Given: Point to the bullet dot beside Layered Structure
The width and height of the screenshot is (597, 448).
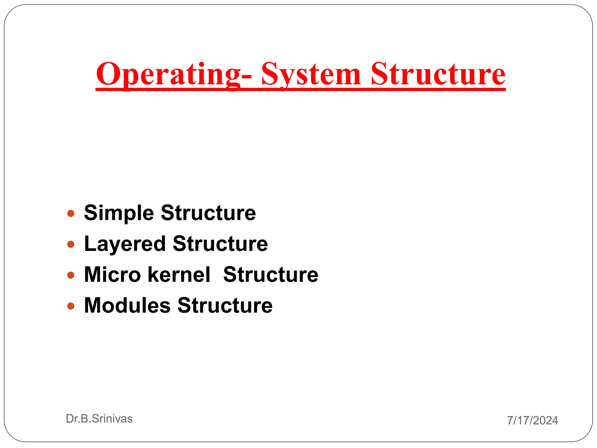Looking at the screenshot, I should point(71,244).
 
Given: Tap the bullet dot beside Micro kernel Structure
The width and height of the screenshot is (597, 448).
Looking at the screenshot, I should point(71,275).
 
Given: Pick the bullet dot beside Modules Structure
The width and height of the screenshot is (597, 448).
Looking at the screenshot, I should point(71,306).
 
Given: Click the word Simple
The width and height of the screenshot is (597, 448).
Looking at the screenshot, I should point(119,213).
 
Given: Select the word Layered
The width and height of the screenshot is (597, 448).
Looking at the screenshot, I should point(125,244).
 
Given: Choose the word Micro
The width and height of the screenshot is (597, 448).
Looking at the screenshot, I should point(113,274).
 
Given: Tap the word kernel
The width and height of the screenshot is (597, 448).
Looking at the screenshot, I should point(179,274).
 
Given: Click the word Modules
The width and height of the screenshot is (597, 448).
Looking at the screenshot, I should point(127,305).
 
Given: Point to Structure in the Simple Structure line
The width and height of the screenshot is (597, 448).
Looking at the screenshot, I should point(208,213).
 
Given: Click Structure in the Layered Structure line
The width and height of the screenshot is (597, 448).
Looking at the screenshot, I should point(220,244).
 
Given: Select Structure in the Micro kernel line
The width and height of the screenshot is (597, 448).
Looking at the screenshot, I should point(271,274).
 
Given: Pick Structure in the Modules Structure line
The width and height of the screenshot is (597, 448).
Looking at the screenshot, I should point(225,305).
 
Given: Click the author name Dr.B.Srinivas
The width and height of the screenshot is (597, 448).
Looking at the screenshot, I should point(99,419).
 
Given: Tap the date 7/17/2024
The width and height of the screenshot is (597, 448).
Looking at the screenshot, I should point(533,420).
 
